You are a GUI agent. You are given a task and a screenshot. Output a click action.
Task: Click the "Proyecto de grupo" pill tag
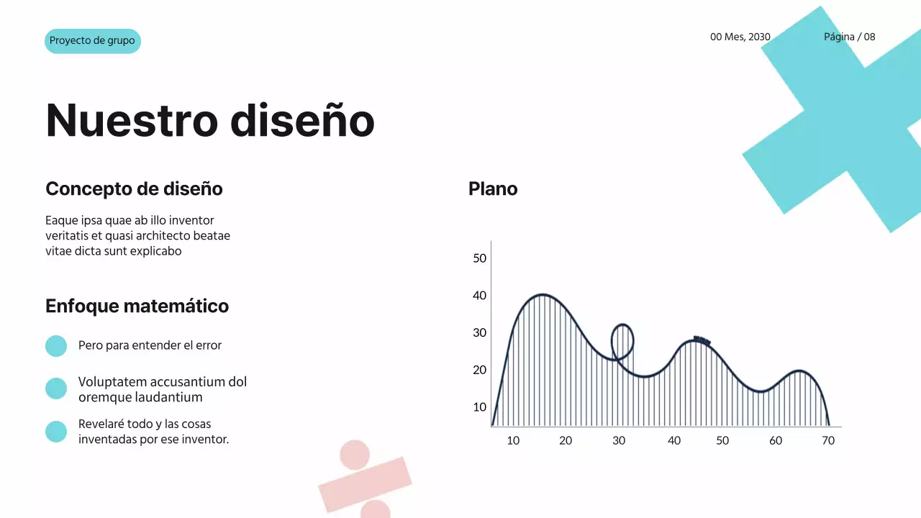[x=92, y=41]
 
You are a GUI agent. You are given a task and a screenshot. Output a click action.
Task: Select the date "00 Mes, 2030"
[x=740, y=37]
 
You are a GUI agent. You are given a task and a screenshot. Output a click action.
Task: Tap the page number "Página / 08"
[x=849, y=37]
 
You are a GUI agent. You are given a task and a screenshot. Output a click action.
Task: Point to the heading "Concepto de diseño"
[x=134, y=189]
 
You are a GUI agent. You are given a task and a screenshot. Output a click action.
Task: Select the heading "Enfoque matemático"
[x=137, y=306]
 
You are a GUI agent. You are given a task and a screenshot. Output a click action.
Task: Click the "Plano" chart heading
[x=493, y=189]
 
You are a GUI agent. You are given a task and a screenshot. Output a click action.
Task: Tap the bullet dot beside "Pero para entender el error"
[x=56, y=346]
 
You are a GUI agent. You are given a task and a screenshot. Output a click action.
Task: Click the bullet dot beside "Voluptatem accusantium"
[x=56, y=388]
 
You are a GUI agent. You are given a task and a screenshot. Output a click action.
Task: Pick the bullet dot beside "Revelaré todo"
[x=56, y=432]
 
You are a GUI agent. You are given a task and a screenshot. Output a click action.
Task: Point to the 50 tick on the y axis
[x=479, y=258]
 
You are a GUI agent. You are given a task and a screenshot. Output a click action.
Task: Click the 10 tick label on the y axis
[x=479, y=407]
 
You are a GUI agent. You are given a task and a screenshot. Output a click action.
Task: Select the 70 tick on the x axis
[x=828, y=440]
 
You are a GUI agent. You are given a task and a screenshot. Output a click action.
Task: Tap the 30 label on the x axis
[x=619, y=440]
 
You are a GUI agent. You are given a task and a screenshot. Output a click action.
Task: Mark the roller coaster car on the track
[x=702, y=340]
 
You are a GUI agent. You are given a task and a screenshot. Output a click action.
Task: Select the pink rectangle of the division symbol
[x=365, y=484]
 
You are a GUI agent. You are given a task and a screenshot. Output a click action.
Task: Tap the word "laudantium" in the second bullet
[x=165, y=397]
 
